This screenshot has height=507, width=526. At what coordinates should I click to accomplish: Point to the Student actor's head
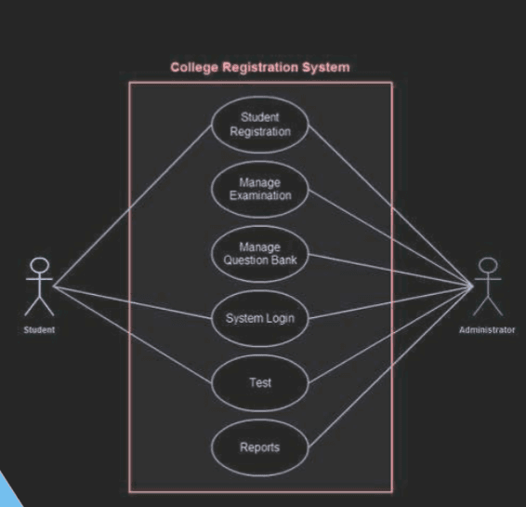point(40,265)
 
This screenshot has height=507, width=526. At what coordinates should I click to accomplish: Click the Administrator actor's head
point(488,265)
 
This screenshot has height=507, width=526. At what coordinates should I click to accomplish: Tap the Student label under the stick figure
point(39,329)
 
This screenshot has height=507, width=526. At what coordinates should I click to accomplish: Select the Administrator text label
point(487,330)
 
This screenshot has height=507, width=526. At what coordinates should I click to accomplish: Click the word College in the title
point(194,68)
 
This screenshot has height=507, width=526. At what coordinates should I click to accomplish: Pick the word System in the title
point(326,68)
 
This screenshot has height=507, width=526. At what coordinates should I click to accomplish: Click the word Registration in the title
point(260,68)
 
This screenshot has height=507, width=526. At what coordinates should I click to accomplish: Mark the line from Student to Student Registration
point(133,207)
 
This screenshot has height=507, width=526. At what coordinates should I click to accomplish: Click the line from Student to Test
point(133,335)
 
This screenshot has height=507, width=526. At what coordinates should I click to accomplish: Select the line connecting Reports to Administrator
point(390,367)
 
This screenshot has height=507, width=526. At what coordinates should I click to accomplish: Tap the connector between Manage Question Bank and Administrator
point(390,271)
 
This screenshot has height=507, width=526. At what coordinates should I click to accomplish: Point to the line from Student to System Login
point(133,302)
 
